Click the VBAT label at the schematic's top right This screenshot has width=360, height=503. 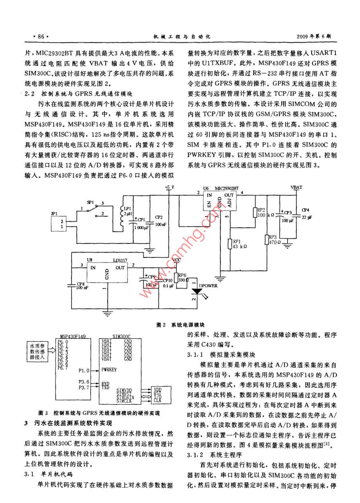296,187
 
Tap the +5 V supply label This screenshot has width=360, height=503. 169,187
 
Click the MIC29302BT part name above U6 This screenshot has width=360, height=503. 227,188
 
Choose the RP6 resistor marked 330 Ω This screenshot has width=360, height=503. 176,278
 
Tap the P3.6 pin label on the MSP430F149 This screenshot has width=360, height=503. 84,382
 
